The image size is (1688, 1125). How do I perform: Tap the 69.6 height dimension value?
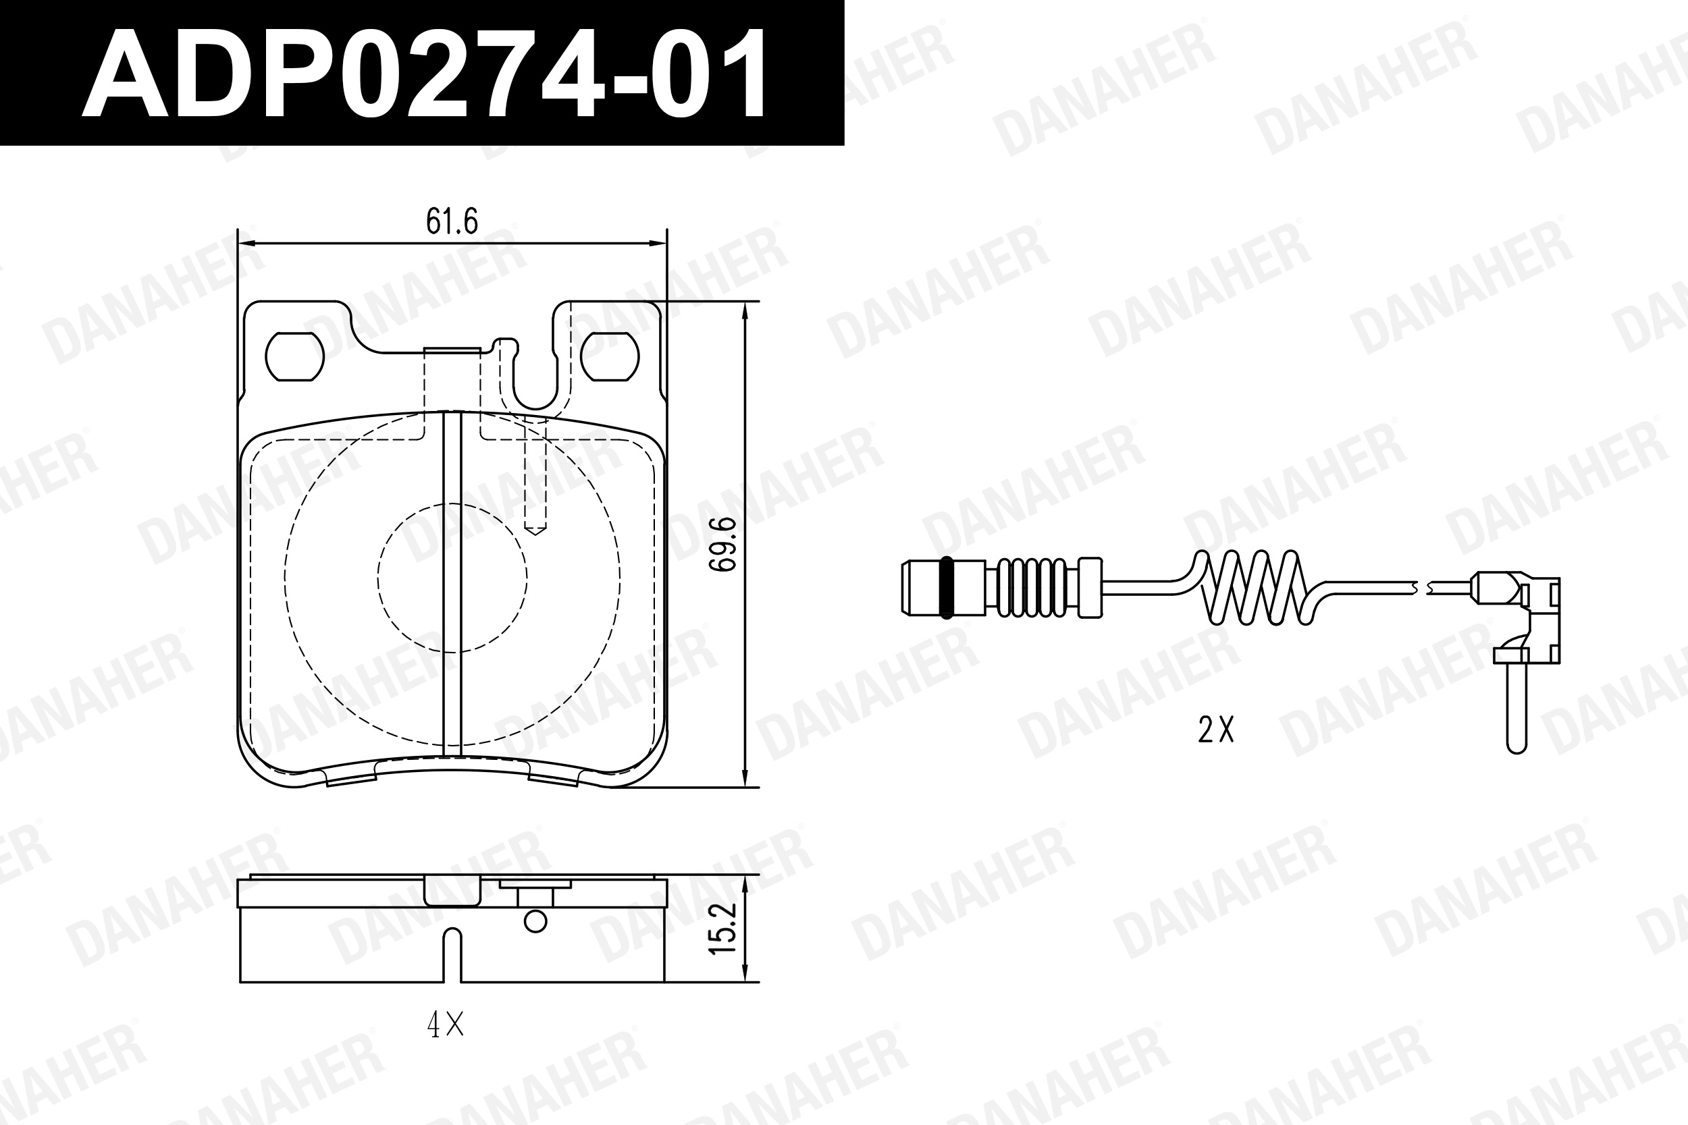coord(722,544)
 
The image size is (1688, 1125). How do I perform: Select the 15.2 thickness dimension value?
coord(722,929)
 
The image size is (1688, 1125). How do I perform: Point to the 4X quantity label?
coord(446,1026)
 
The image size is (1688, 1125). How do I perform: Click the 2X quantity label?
coord(1216,730)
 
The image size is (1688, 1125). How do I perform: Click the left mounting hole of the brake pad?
coord(294,356)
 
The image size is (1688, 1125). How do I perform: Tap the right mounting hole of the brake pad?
coord(610,356)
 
